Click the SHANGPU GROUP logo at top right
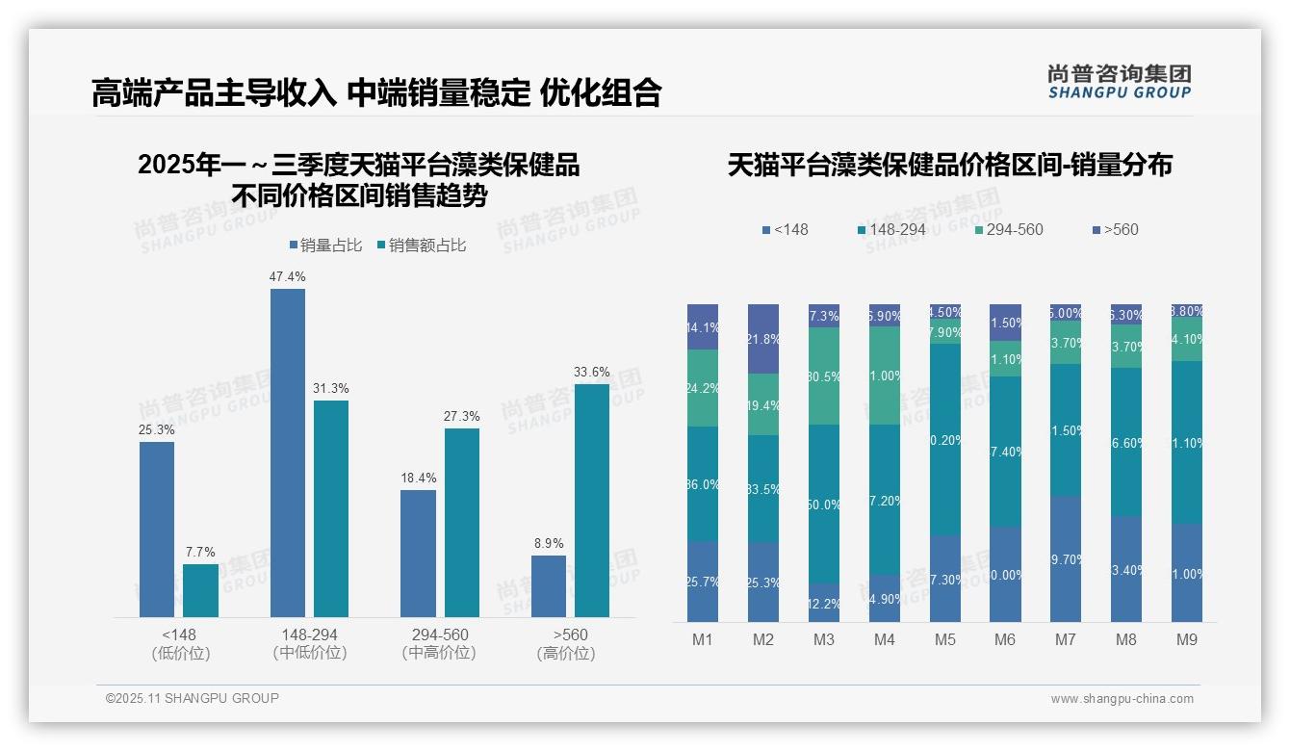pyautogui.click(x=1119, y=82)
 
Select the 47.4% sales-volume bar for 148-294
pyautogui.click(x=288, y=453)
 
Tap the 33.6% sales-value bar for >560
pyautogui.click(x=591, y=501)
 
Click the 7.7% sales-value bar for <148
pyautogui.click(x=200, y=590)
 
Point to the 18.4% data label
pyautogui.click(x=419, y=478)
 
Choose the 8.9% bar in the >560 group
pyautogui.click(x=549, y=586)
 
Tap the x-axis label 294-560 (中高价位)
pyautogui.click(x=440, y=644)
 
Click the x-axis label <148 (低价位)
pyautogui.click(x=180, y=644)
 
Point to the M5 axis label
pyautogui.click(x=944, y=640)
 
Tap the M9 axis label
pyautogui.click(x=1187, y=640)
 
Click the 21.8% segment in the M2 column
pyautogui.click(x=763, y=339)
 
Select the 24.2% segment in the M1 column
pyautogui.click(x=703, y=388)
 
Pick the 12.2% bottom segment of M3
pyautogui.click(x=824, y=603)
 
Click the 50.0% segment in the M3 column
pyautogui.click(x=824, y=504)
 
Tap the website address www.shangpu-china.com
pyautogui.click(x=1122, y=699)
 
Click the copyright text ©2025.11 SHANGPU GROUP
pyautogui.click(x=193, y=698)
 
